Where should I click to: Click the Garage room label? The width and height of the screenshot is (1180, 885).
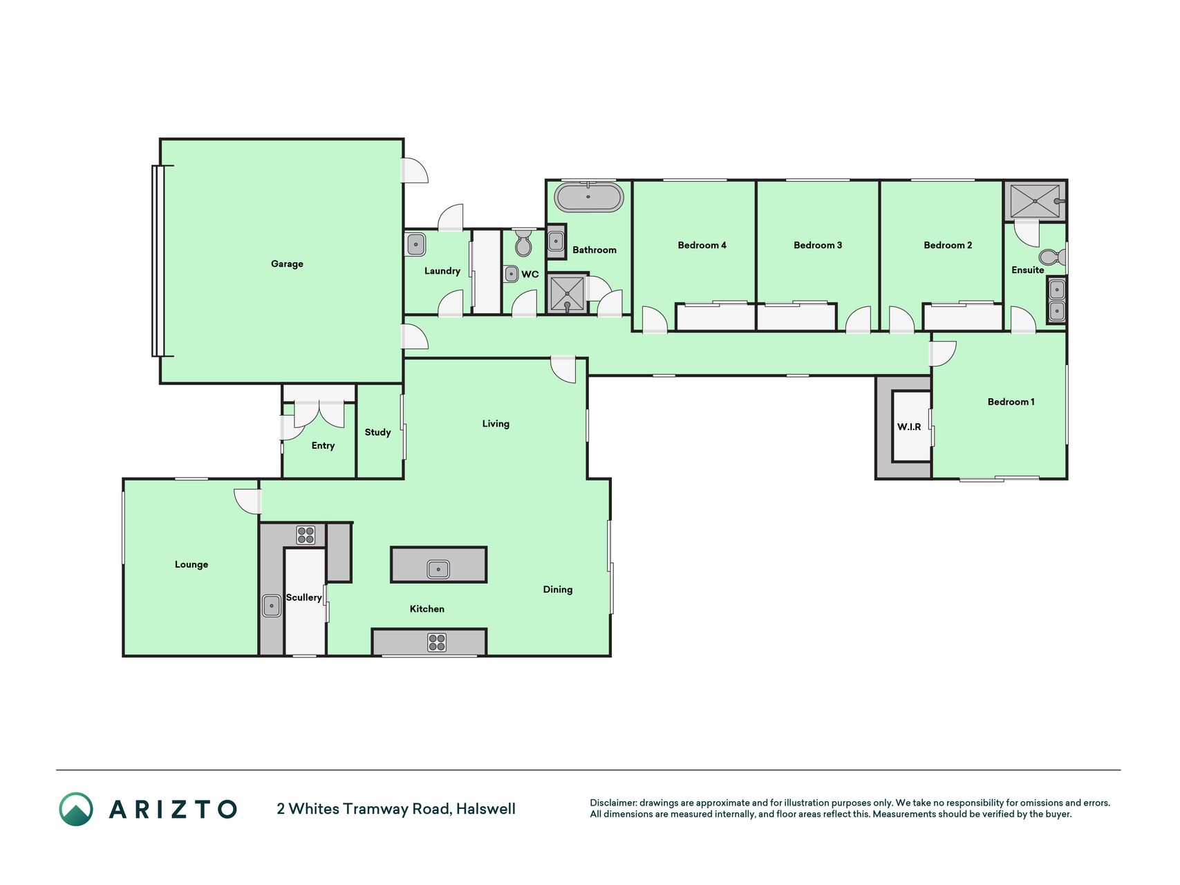point(287,264)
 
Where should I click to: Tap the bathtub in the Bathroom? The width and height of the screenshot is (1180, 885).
point(589,197)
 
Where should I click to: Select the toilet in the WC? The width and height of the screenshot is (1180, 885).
point(523,243)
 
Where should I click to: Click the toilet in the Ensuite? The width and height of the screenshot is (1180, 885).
point(1052,257)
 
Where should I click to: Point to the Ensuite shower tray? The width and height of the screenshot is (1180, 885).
point(1035,201)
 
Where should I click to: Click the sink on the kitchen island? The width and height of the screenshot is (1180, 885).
point(438,568)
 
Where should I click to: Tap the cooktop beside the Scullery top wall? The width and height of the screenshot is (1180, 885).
point(306,534)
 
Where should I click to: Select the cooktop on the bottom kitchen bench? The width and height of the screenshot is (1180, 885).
point(437,642)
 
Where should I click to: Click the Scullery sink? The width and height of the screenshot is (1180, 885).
point(272,606)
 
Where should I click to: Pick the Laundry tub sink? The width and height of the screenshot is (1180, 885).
point(415,245)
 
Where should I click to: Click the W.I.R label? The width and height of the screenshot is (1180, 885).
point(909,427)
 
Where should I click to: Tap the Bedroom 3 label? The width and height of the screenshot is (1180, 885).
point(818,245)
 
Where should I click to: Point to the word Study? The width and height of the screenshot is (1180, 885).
point(377,432)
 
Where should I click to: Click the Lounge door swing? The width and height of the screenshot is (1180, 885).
point(247,501)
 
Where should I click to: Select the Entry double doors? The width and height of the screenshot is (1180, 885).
point(319,414)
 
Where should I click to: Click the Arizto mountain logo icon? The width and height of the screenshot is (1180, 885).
point(76,809)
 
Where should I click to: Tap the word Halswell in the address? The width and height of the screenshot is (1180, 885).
point(486,809)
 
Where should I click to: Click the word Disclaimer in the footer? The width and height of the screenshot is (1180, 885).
point(613,803)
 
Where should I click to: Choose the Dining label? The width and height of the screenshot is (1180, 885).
point(558,590)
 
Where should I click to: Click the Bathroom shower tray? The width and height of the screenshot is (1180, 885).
point(567,293)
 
